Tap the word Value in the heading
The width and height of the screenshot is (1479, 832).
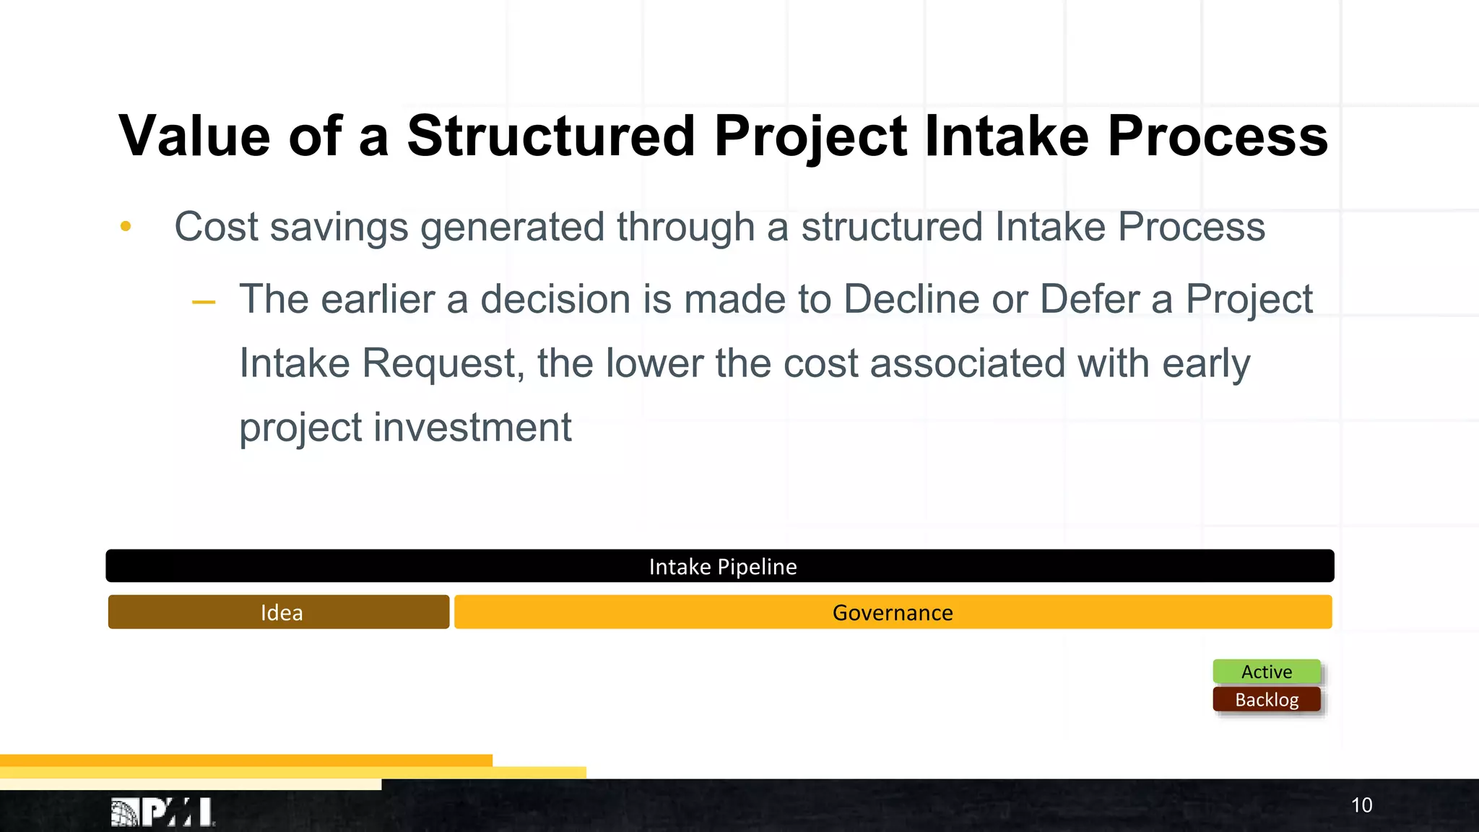194,136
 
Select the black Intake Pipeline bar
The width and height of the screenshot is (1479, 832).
720,566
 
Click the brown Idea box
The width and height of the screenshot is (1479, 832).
279,612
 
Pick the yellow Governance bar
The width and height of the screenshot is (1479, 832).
893,612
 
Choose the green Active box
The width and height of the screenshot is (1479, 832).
1267,672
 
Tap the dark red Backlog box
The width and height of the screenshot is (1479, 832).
1267,700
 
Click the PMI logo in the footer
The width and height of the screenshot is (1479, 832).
163,812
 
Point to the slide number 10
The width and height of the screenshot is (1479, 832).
1361,805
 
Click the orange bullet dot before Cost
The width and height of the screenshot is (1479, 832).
126,227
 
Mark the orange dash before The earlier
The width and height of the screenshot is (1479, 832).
204,302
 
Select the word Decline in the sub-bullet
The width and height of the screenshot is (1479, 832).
911,299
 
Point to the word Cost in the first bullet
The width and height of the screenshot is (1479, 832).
216,227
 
